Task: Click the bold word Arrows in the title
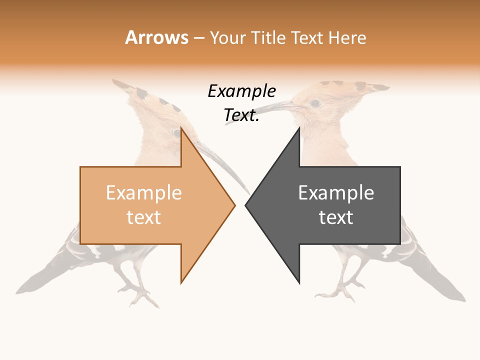pyautogui.click(x=156, y=37)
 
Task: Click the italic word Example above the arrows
pyautogui.click(x=241, y=91)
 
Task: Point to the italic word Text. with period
pyautogui.click(x=241, y=115)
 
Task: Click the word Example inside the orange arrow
pyautogui.click(x=143, y=193)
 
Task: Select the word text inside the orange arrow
pyautogui.click(x=143, y=217)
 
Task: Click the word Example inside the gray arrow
pyautogui.click(x=336, y=193)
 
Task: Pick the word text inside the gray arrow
pyautogui.click(x=336, y=217)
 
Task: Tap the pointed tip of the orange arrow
pyautogui.click(x=234, y=204)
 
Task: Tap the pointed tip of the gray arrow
pyautogui.click(x=246, y=204)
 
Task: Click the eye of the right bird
pyautogui.click(x=315, y=103)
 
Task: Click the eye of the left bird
pyautogui.click(x=176, y=133)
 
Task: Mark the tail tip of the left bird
pyautogui.click(x=20, y=290)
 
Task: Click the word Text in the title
pyautogui.click(x=306, y=37)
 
